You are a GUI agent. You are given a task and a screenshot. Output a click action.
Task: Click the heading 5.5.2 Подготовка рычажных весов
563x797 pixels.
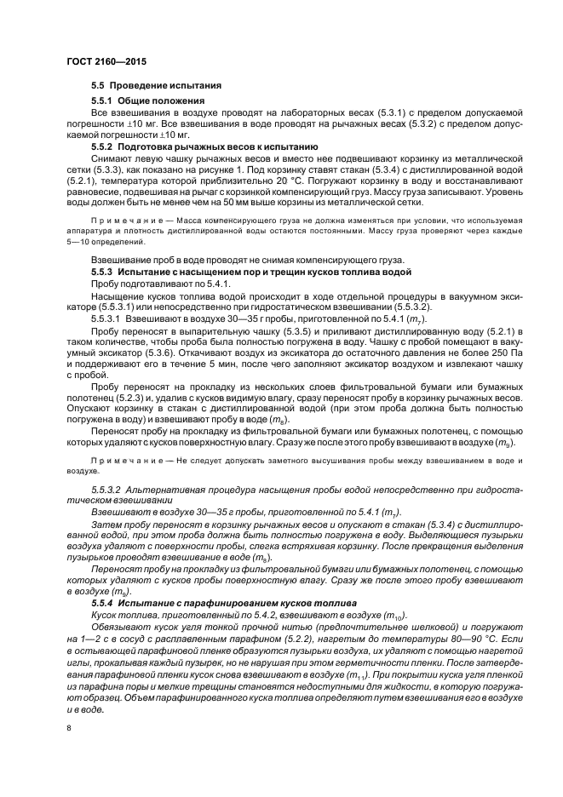pos(204,146)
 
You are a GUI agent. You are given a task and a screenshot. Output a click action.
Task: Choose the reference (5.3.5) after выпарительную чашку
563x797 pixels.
pos(298,327)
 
